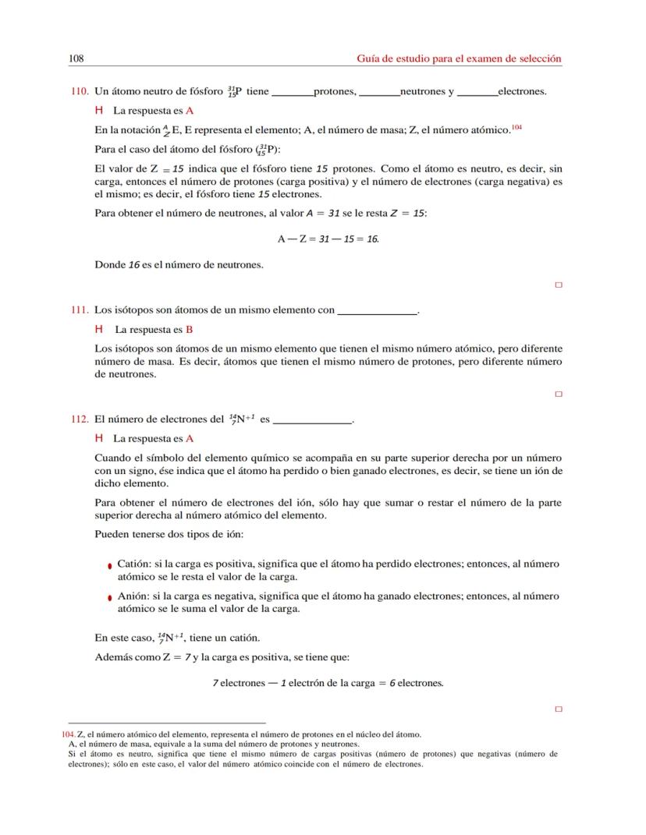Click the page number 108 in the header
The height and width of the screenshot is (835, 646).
(x=76, y=58)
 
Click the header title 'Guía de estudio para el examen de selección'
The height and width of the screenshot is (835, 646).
(x=459, y=58)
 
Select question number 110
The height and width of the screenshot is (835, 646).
(x=79, y=91)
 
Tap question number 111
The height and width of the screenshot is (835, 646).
(x=79, y=310)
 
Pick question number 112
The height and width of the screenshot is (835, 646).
(x=79, y=419)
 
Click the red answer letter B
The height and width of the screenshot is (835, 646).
(x=189, y=329)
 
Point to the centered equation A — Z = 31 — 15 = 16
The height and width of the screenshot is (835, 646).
(x=328, y=239)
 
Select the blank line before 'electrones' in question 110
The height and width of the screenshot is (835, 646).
(x=477, y=94)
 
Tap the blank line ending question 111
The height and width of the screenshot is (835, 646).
(x=376, y=313)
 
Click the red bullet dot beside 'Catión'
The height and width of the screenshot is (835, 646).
(x=110, y=565)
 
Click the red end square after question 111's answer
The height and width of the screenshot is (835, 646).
(x=558, y=395)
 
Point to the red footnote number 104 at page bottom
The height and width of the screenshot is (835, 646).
(x=69, y=734)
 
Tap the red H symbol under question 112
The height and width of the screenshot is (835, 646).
(x=99, y=438)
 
